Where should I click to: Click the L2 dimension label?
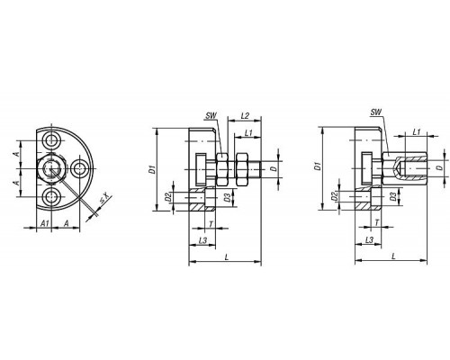tap(245, 116)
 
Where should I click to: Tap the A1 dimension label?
tap(45, 223)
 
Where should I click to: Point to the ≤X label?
tap(104, 201)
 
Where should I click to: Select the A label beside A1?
tap(67, 223)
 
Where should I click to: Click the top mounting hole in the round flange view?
tap(51, 139)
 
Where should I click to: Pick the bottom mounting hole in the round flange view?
tap(51, 197)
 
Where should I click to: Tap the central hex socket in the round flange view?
tap(51, 168)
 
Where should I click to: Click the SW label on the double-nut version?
tap(211, 116)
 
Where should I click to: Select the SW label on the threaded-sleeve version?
tap(375, 112)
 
